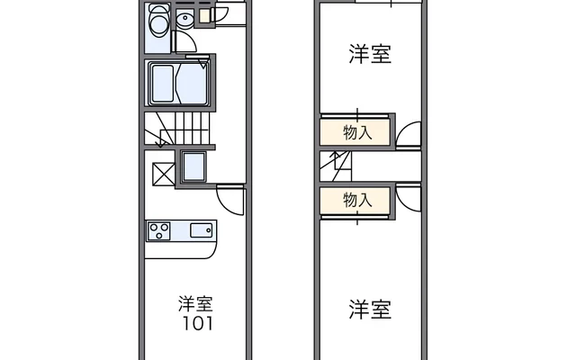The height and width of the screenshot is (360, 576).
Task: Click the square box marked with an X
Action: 162,171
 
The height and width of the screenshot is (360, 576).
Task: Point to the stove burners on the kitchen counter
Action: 159,230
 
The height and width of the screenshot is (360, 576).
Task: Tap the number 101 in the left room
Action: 197,322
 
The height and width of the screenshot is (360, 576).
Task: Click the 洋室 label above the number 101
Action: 197,303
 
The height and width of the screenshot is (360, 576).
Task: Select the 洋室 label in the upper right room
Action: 370,55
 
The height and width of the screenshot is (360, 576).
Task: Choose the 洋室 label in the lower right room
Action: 370,310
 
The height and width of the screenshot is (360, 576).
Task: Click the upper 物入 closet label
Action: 356,133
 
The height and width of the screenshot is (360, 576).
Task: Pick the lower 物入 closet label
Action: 356,200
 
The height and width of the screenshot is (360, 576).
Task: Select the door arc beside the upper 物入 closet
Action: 410,133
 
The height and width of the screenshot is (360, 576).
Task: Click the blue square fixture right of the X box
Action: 193,166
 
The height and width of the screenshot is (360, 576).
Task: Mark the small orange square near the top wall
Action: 203,14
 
